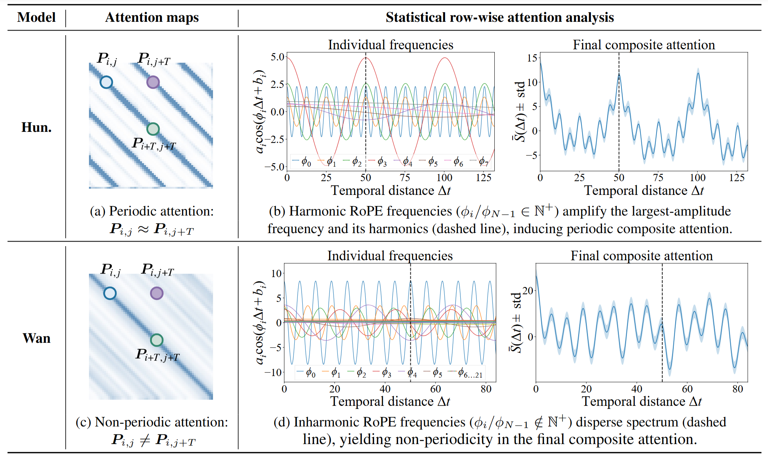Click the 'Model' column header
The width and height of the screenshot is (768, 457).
click(36, 18)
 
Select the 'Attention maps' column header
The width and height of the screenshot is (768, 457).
click(152, 18)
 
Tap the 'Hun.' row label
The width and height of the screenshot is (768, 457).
click(36, 127)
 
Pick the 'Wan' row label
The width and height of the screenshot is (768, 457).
click(36, 338)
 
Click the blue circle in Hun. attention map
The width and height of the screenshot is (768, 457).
click(106, 82)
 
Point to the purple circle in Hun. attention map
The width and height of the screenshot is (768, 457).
click(153, 82)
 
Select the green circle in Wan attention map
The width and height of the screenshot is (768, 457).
click(157, 340)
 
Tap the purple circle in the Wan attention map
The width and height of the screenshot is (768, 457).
click(157, 293)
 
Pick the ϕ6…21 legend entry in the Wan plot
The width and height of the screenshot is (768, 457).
click(470, 373)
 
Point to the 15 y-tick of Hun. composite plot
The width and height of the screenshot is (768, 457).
click(532, 58)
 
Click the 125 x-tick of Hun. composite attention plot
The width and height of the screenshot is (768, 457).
click(737, 178)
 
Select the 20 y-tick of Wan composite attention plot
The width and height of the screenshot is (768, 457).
click(528, 291)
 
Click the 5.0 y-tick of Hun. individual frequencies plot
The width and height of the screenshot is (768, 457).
click(278, 57)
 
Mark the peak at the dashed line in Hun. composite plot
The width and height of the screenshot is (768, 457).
click(619, 75)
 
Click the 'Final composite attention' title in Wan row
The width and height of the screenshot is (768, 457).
click(641, 256)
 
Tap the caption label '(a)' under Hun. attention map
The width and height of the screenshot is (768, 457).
click(97, 211)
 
